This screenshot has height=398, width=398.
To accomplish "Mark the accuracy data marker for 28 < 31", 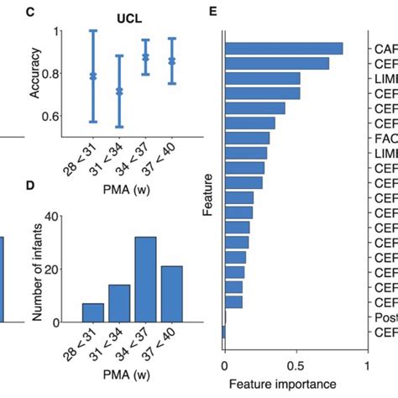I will (93, 76).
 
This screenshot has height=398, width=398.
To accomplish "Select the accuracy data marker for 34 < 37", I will (146, 57).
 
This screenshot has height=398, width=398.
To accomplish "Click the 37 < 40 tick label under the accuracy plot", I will (165, 158).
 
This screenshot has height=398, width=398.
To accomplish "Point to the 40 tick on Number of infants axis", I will (55, 216).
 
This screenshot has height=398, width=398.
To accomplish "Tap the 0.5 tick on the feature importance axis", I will (296, 366).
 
